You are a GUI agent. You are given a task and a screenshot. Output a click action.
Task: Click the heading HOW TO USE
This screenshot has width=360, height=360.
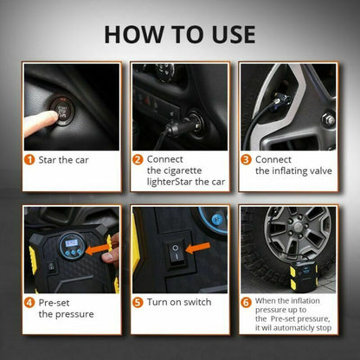pos(180,34)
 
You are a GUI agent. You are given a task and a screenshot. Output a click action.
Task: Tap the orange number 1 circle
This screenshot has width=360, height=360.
pos(29,159)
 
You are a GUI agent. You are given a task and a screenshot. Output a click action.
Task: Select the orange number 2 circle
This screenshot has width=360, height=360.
pos(138,159)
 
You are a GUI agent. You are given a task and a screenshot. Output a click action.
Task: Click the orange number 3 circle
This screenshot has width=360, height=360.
pos(247,159)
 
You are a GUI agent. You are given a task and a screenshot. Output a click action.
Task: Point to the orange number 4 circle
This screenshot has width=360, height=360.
pos(29,303)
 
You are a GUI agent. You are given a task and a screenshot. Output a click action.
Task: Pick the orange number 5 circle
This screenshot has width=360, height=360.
pos(138,303)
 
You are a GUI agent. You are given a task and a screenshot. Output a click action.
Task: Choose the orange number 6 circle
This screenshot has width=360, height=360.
pos(246,303)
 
